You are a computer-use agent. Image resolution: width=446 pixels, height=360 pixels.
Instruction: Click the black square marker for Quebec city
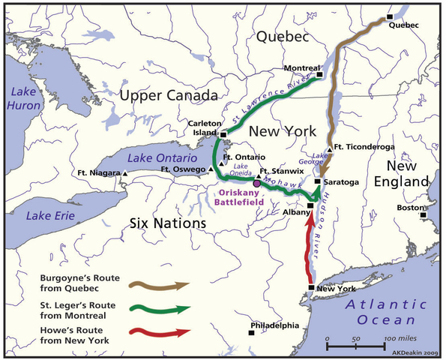389,16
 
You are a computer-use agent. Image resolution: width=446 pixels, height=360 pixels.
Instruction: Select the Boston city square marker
424,214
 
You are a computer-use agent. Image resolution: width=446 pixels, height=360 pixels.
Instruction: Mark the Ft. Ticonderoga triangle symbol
329,148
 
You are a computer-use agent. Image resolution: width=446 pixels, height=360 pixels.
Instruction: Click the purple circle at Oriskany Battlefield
256,183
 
